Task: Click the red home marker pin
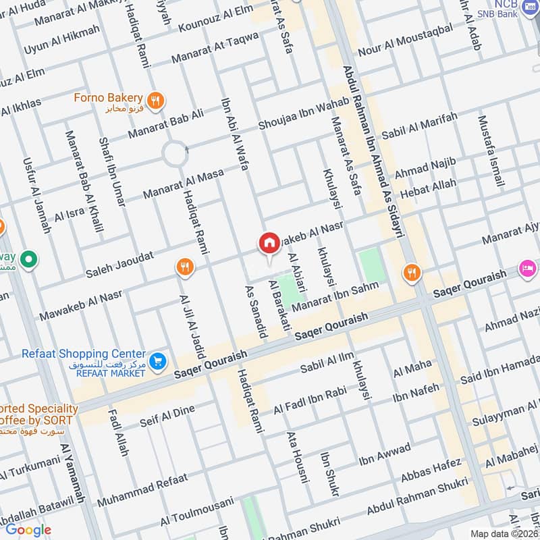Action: click(269, 244)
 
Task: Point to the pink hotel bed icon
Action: click(529, 269)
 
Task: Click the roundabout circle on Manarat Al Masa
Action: click(175, 155)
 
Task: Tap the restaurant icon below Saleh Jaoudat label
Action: click(184, 268)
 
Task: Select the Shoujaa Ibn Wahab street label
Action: click(304, 113)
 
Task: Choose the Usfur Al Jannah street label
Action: click(36, 195)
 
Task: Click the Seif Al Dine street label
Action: click(167, 416)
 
